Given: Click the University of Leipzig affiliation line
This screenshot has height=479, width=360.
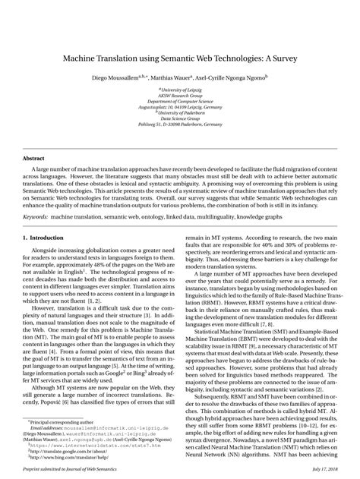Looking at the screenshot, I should click(x=181, y=90).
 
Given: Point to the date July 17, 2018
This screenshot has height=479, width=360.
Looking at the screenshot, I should click(x=320, y=470).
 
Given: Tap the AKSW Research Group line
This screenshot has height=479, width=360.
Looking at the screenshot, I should click(x=181, y=95).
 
